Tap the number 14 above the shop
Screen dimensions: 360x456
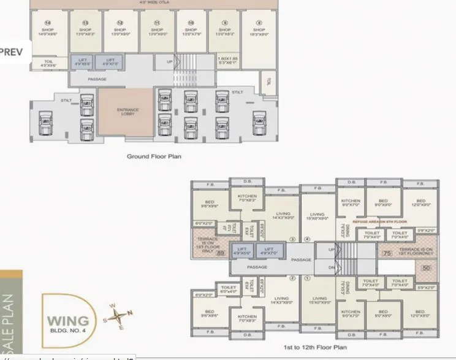click(47, 23)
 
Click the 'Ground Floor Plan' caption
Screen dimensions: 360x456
click(154, 156)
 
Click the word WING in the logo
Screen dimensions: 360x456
click(68, 321)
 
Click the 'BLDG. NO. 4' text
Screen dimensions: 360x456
click(69, 332)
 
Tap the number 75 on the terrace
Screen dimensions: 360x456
click(387, 252)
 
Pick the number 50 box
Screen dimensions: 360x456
click(426, 268)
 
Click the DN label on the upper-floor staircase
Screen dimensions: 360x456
click(332, 267)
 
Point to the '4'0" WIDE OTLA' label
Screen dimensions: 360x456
click(154, 2)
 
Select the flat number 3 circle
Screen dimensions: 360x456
click(292, 239)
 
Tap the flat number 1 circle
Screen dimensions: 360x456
click(307, 278)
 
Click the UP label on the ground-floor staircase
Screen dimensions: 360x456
click(170, 62)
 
